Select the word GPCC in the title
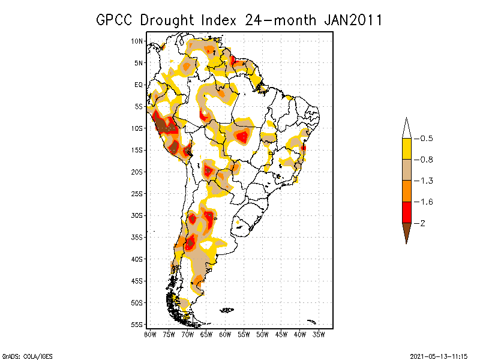coord(115,20)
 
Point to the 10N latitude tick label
coord(137,41)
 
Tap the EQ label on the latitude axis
coord(139,85)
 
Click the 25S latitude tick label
coord(137,193)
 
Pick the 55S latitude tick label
coord(137,324)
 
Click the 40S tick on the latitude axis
coord(137,259)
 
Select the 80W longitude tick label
coord(150,334)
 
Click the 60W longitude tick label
coord(225,334)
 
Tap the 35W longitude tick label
coord(319,334)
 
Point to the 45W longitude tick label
coord(281,334)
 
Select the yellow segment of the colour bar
coord(406,149)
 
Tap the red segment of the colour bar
coord(406,212)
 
